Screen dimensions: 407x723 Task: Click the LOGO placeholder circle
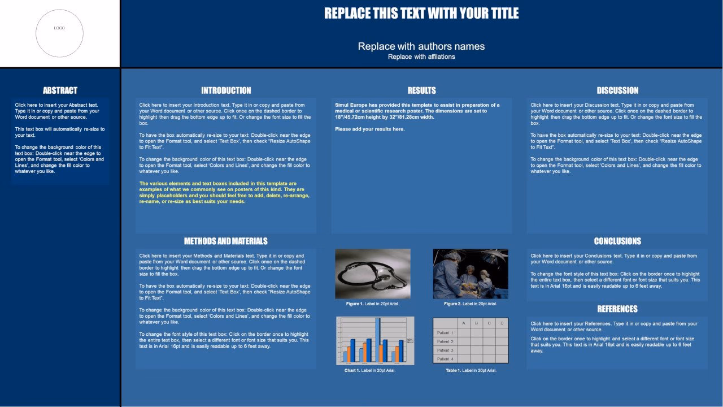(x=59, y=33)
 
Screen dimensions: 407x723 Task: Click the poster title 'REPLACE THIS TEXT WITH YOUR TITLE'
(x=421, y=14)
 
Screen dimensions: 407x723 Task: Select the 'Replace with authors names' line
(x=421, y=46)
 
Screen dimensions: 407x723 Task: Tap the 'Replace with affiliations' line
(x=421, y=57)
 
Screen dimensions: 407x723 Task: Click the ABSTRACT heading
(x=60, y=90)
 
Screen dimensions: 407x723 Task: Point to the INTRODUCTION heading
(x=226, y=90)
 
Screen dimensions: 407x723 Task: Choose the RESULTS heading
(x=421, y=90)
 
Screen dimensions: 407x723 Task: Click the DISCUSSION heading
(x=617, y=90)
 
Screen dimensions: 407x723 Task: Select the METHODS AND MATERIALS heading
(x=226, y=241)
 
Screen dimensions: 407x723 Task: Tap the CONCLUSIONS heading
(x=617, y=241)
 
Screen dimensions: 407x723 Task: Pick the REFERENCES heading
(x=617, y=309)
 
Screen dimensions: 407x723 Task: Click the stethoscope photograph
(x=373, y=274)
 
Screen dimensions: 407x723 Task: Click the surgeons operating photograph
(x=471, y=274)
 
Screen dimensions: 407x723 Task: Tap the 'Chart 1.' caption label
(x=352, y=371)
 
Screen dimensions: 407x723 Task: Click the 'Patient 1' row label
(x=445, y=333)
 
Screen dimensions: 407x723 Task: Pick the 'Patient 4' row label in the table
(x=445, y=359)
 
